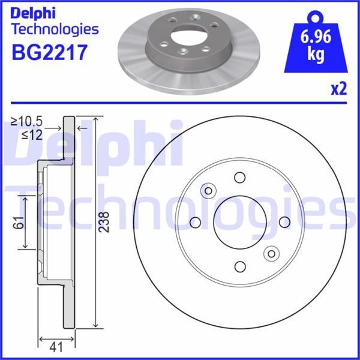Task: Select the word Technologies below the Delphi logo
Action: tap(55, 28)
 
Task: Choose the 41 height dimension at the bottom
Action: tap(56, 346)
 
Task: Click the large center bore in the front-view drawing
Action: tap(239, 222)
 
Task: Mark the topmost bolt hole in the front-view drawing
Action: tap(240, 178)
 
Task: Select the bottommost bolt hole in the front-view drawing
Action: tap(240, 266)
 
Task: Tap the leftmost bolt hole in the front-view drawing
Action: tap(195, 223)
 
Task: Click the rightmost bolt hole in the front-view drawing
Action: tap(284, 222)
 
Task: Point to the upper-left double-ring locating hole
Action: tap(209, 191)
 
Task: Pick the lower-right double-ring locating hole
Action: tap(271, 253)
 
